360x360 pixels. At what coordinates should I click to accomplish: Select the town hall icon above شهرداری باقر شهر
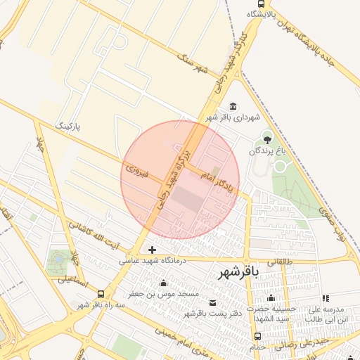point(233,106)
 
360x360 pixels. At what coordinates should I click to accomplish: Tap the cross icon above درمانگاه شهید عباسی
point(153,250)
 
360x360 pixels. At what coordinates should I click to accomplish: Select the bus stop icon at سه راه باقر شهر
point(101,294)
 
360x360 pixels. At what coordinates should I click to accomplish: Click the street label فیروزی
point(135,170)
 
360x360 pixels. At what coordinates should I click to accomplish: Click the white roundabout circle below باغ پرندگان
point(280,167)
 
